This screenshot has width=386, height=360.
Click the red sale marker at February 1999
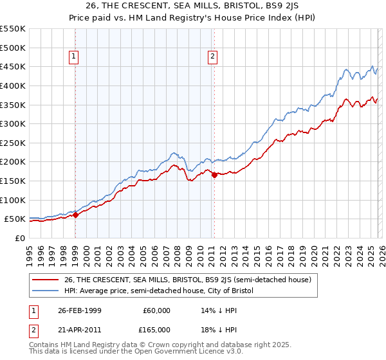click(76, 215)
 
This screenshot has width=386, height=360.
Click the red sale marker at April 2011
click(214, 175)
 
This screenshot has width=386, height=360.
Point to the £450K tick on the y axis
click(13, 66)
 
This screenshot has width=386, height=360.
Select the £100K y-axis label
click(13, 200)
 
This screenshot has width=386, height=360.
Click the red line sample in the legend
click(46, 280)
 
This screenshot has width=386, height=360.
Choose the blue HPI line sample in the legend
click(46, 291)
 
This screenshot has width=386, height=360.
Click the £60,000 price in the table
click(156, 310)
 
